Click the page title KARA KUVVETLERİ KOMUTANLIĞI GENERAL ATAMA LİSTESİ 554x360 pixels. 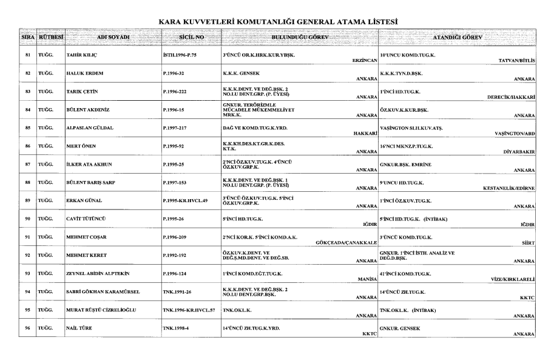click(277, 22)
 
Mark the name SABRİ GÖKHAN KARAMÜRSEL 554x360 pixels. click(103, 292)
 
